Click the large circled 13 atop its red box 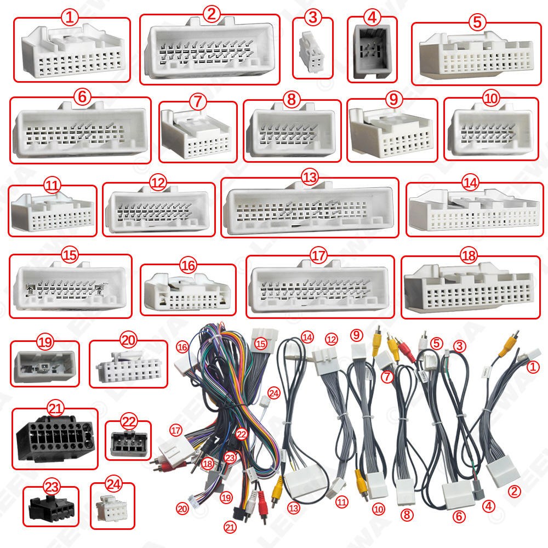[x=310, y=177]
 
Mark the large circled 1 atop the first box [x=70, y=17]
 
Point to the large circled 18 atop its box [x=469, y=255]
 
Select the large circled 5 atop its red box [x=477, y=22]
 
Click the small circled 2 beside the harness [x=514, y=492]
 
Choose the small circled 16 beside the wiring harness [x=182, y=347]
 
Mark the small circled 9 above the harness [x=357, y=334]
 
